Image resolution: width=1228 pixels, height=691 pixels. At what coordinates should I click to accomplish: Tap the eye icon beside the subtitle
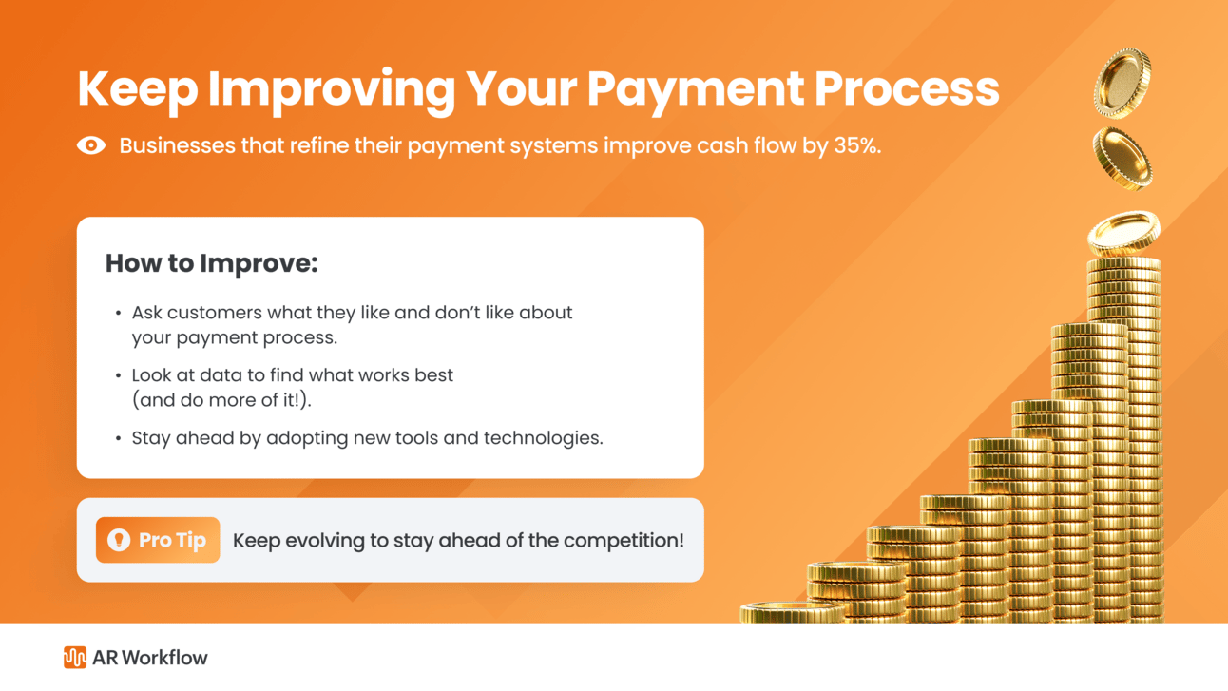click(x=91, y=145)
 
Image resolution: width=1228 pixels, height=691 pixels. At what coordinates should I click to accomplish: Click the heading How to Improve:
click(x=212, y=264)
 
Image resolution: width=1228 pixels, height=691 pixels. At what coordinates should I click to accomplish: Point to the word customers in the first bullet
click(x=215, y=313)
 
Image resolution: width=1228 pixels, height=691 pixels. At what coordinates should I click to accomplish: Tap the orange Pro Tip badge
click(x=158, y=540)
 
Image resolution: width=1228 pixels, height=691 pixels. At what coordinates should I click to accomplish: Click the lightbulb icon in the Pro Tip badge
click(x=119, y=540)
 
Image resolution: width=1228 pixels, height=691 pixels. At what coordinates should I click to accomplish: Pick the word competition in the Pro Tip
click(x=624, y=541)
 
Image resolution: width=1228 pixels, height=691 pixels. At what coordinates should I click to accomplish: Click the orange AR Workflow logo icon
click(x=74, y=657)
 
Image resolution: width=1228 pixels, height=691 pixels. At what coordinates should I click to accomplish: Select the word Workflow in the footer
click(x=165, y=658)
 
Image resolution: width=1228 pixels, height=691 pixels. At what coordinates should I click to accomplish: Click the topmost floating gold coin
click(x=1122, y=83)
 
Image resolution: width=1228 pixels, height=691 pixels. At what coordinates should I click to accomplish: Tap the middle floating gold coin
click(x=1122, y=159)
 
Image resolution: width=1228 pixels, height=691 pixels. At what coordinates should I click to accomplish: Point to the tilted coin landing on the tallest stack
click(x=1123, y=234)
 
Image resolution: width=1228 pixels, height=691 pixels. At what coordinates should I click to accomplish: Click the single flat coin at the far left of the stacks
click(x=792, y=612)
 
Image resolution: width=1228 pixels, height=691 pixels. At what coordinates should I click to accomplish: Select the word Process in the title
click(x=907, y=89)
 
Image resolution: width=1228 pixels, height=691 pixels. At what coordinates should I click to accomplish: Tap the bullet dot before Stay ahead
click(x=118, y=439)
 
